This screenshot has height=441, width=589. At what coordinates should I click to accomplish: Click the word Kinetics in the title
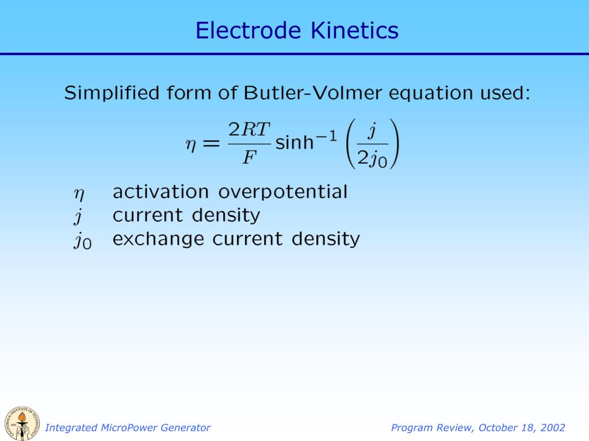pyautogui.click(x=354, y=30)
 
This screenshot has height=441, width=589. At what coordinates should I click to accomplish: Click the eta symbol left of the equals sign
pyautogui.click(x=190, y=145)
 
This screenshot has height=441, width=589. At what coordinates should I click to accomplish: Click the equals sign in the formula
pyautogui.click(x=211, y=145)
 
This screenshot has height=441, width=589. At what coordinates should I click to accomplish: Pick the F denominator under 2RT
pyautogui.click(x=248, y=157)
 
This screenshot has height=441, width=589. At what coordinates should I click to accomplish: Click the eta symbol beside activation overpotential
pyautogui.click(x=78, y=194)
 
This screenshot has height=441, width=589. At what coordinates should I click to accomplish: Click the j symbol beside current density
pyautogui.click(x=77, y=216)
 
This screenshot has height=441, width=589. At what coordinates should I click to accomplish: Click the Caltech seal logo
pyautogui.click(x=22, y=424)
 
